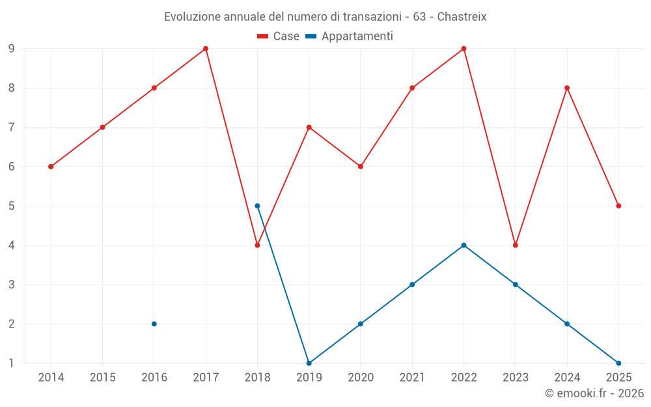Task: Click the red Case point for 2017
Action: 206,49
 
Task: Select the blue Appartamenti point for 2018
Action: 257,206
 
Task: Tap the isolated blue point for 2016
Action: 154,324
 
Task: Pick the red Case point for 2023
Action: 516,245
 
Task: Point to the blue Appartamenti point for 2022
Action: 464,245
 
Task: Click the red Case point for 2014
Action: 51,167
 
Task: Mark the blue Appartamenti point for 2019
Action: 309,363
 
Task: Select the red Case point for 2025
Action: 618,206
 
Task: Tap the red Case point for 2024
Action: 567,88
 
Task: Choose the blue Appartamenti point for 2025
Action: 618,363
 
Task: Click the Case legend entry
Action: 279,36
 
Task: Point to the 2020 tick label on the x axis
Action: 361,378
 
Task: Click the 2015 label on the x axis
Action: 102,378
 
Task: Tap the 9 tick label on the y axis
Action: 12,49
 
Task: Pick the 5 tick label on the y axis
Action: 12,206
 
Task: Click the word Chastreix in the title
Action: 462,16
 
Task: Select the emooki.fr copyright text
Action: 594,393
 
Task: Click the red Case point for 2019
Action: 309,127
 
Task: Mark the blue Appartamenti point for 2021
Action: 412,285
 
